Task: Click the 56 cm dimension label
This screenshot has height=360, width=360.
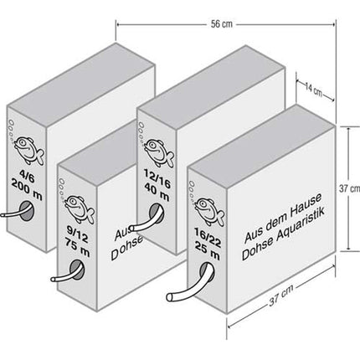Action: point(221,24)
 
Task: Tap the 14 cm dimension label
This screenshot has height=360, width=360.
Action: point(313,90)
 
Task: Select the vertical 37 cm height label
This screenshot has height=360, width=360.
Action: point(349,189)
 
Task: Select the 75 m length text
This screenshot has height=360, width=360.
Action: point(78,247)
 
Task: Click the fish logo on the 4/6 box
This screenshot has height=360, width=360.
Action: point(28,150)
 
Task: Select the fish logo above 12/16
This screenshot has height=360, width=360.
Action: point(158,153)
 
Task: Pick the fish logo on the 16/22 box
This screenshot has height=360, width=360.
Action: point(209,212)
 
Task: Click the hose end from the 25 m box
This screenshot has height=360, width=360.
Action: point(171,297)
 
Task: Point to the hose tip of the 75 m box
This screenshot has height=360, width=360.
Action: point(54,279)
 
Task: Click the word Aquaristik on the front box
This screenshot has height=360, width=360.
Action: point(301,227)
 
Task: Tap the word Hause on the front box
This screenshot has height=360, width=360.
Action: point(306,206)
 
